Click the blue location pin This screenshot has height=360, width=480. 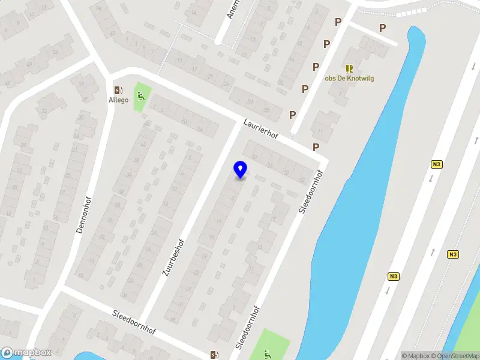point(240,169)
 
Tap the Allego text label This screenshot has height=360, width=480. point(118,100)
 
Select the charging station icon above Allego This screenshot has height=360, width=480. point(118,90)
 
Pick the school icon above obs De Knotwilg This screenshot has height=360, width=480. point(349,69)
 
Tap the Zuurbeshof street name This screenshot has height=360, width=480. point(173,257)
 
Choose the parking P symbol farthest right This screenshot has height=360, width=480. point(382,28)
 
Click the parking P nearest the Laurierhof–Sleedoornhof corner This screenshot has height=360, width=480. point(316,148)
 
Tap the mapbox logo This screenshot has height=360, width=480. point(26,353)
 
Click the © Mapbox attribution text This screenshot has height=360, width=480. point(418,356)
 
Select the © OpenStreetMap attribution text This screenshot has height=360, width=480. point(459,356)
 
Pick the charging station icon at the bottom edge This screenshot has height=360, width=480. point(214,355)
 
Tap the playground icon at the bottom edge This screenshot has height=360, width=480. point(267,354)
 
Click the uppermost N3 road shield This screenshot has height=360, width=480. point(436,164)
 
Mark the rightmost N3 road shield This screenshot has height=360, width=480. point(453,254)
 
